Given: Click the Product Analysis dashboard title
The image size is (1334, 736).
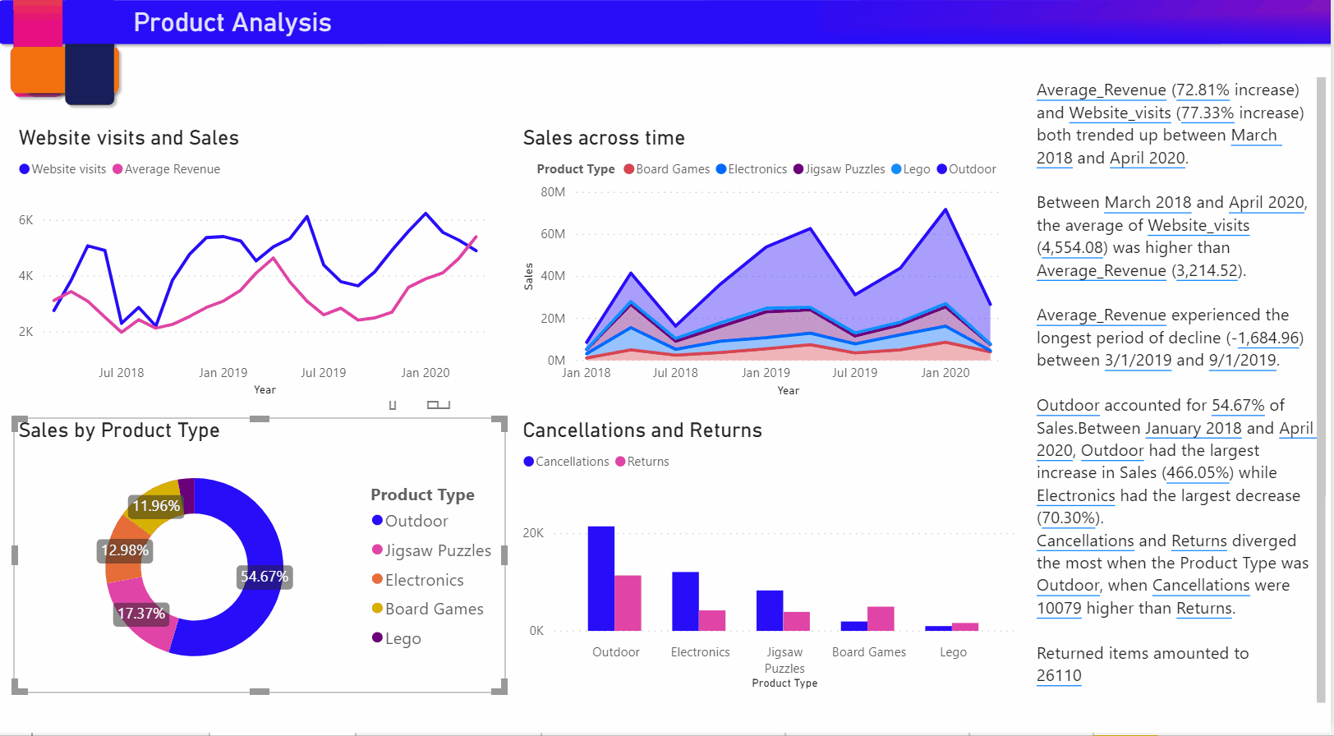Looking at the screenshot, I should (x=232, y=22).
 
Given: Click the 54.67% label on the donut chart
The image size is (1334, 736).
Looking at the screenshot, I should (x=264, y=577).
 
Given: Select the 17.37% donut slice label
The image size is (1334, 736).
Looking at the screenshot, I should (x=140, y=614).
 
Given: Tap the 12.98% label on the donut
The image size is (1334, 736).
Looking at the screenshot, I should (x=125, y=550).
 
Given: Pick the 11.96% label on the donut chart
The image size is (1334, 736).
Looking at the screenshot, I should (x=156, y=506).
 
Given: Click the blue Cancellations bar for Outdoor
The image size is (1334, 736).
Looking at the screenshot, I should (x=600, y=578).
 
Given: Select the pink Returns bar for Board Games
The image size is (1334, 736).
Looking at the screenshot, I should (x=881, y=619).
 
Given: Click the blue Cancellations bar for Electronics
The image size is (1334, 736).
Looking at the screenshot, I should (x=685, y=601).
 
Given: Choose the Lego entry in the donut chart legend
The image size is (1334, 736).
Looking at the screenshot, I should (x=402, y=638).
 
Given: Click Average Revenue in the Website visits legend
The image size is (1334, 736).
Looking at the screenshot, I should (x=172, y=169).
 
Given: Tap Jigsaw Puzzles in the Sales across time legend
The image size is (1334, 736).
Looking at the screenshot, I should (x=844, y=169).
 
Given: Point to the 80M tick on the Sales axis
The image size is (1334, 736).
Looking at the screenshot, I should (x=553, y=192).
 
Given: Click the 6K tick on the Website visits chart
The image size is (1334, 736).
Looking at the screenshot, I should (x=26, y=220).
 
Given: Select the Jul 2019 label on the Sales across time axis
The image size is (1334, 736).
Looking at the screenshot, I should (x=854, y=373).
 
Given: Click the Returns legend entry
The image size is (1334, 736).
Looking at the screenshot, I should (x=647, y=462).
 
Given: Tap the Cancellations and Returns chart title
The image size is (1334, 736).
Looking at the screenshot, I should (x=642, y=430).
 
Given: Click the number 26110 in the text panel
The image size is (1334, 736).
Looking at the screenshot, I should (x=1059, y=676).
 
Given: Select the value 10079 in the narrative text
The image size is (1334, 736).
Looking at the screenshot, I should (x=1059, y=608).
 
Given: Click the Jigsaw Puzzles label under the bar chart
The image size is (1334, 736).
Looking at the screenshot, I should (x=784, y=660).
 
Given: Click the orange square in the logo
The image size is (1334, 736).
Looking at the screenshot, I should (x=38, y=70).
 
